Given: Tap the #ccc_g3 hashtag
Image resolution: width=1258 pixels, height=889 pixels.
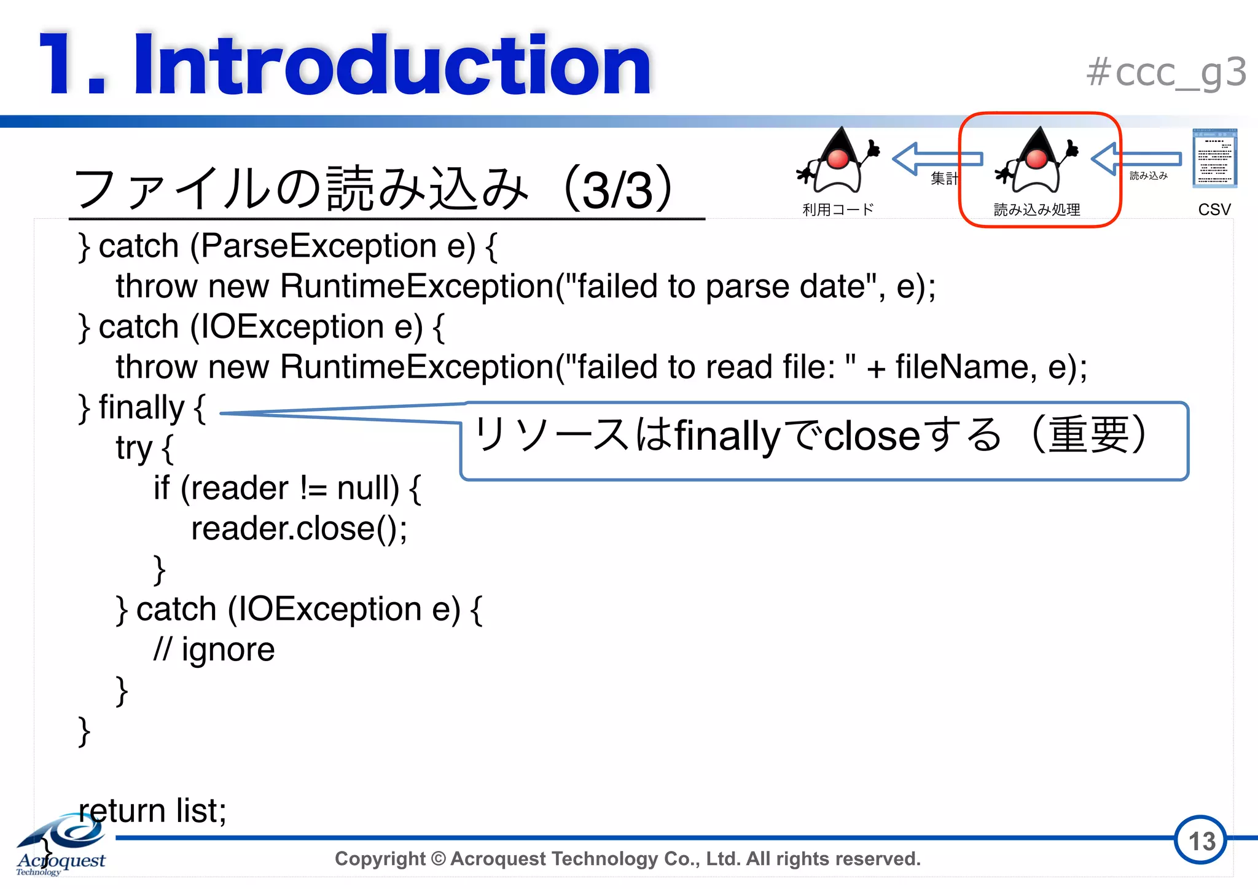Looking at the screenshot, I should click(x=1166, y=72).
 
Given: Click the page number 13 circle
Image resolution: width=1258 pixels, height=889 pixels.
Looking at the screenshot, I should click(x=1200, y=840).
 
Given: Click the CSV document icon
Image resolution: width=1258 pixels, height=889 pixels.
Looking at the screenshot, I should click(x=1214, y=158).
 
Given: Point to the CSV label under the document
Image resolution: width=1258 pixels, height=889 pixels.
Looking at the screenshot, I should click(x=1214, y=210).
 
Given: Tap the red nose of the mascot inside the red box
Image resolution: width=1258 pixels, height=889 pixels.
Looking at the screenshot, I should click(x=1037, y=159).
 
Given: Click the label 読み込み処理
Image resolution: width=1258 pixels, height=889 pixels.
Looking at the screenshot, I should click(x=1037, y=210).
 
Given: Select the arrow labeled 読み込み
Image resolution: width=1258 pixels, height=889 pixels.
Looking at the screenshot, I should click(x=1136, y=159).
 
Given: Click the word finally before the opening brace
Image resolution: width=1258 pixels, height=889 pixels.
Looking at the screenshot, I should click(x=141, y=408).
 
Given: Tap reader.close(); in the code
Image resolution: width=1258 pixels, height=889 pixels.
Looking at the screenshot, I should click(x=299, y=529).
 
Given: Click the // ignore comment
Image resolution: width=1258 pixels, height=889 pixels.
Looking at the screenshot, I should click(x=214, y=650).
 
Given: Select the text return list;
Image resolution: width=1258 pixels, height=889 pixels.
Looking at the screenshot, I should click(x=153, y=810).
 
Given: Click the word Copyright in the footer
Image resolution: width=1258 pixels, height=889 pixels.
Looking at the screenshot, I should click(x=380, y=858).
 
